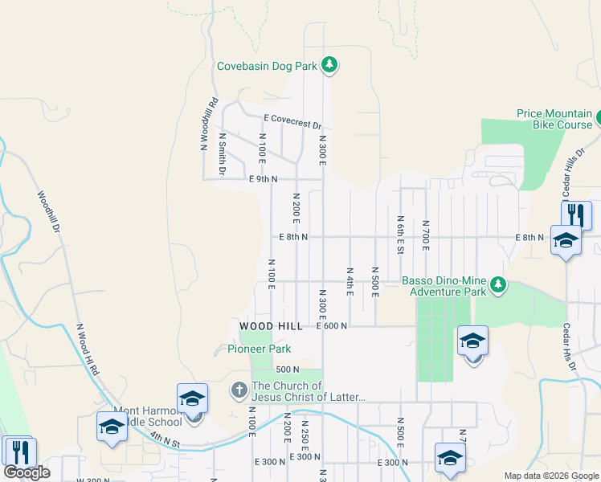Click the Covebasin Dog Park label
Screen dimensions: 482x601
tap(268, 67)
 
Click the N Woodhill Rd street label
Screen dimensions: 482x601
tap(209, 125)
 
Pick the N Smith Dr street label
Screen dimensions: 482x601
tap(223, 154)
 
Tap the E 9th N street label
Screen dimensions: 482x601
tap(264, 179)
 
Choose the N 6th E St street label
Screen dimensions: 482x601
tap(399, 235)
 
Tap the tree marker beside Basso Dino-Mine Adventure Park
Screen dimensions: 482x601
tap(498, 285)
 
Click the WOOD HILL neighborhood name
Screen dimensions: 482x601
tap(271, 326)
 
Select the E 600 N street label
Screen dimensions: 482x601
tap(332, 326)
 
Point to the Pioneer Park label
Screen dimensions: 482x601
tap(259, 349)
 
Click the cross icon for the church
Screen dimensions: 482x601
tap(239, 390)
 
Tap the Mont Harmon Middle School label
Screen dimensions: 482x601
tap(149, 416)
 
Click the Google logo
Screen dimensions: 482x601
tap(27, 472)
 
